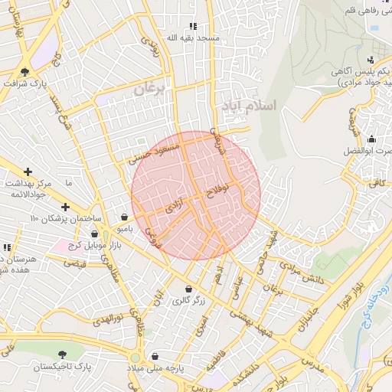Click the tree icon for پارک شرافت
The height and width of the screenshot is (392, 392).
[25, 73]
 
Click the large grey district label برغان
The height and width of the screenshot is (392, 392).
[149, 89]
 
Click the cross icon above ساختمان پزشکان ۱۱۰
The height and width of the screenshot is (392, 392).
[65, 206]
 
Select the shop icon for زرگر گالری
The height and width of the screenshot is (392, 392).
[188, 289]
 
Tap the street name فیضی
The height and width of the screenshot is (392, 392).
[75, 263]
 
